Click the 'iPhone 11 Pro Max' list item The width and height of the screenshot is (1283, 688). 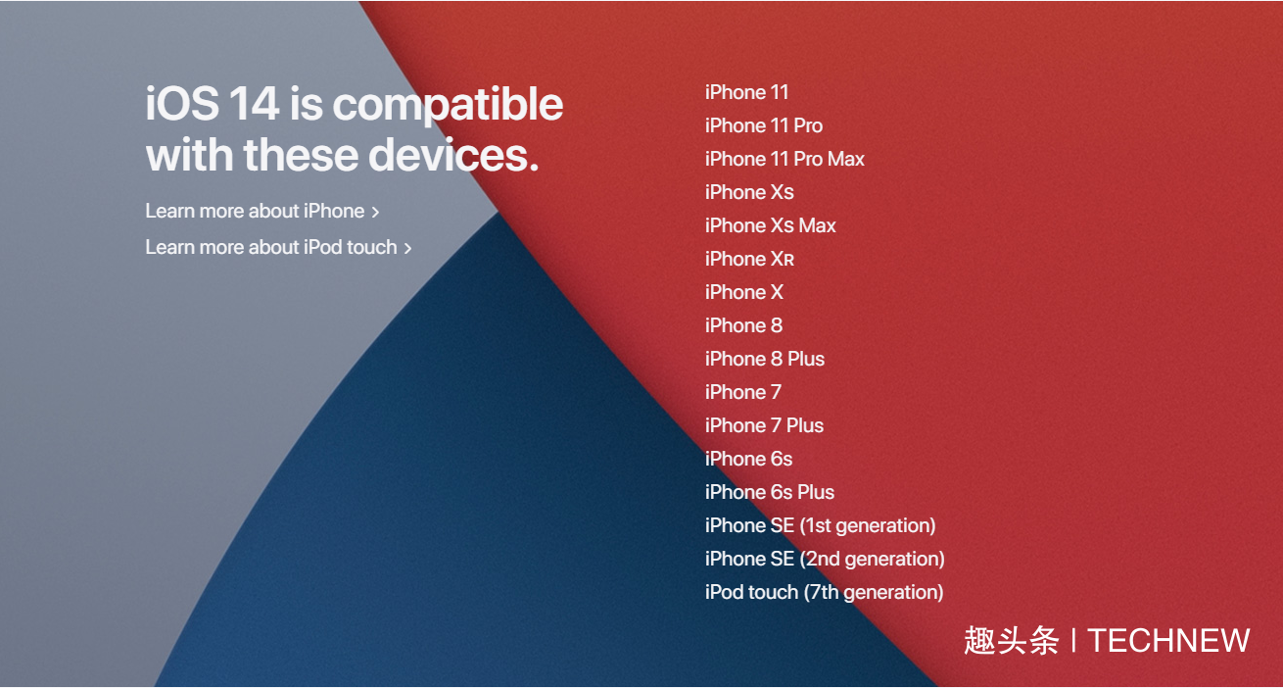click(x=784, y=159)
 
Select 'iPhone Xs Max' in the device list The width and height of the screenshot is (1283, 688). click(x=771, y=225)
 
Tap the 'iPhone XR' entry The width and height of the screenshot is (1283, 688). click(x=750, y=259)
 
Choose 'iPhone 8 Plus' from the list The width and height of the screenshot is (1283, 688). click(x=765, y=359)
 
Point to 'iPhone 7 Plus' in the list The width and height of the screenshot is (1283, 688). click(x=764, y=425)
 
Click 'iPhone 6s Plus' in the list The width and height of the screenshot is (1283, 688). click(x=770, y=492)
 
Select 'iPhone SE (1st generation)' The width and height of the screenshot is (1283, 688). click(x=820, y=525)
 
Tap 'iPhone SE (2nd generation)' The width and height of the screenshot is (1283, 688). click(x=825, y=559)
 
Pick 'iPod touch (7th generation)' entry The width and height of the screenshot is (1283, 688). click(x=825, y=592)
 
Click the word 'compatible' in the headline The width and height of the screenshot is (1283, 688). click(x=448, y=106)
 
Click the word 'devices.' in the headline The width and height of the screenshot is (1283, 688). click(x=453, y=155)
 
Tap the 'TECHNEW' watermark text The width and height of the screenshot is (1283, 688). click(x=1168, y=640)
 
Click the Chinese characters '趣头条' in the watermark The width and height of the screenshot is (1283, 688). click(x=1012, y=640)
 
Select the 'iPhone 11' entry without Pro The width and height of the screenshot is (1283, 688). click(x=747, y=92)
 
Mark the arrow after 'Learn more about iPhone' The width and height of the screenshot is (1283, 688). click(x=375, y=213)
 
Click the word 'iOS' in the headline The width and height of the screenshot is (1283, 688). click(x=182, y=103)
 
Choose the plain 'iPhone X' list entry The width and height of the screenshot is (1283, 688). click(x=744, y=292)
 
